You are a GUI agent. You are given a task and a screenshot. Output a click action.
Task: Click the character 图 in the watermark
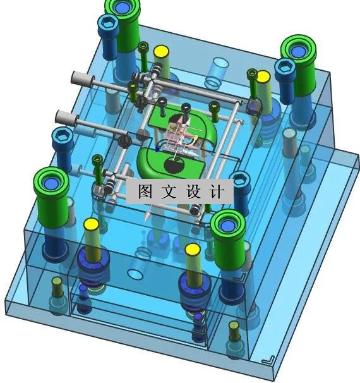[144, 191]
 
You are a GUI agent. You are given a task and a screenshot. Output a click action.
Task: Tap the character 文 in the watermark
[169, 191]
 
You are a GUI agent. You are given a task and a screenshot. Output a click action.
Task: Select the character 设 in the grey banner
[193, 191]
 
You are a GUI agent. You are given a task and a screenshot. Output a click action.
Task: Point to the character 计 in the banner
[216, 191]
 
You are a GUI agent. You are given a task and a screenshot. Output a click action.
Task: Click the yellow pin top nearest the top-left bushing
[161, 51]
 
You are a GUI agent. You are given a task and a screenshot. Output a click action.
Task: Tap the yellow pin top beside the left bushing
[90, 225]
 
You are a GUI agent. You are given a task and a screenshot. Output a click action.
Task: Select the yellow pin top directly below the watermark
[193, 250]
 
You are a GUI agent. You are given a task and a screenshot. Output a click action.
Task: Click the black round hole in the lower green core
[172, 165]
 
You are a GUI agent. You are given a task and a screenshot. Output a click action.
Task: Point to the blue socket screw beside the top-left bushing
[107, 26]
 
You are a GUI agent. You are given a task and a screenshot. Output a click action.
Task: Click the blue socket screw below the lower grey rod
[64, 136]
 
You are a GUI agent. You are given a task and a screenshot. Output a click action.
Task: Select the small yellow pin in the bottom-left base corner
[57, 283]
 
